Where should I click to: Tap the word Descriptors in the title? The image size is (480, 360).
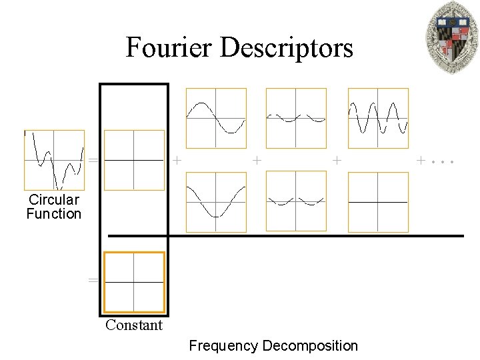pos(287,47)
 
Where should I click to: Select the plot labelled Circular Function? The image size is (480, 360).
pos(54,160)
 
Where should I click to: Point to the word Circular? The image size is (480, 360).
pos(53,199)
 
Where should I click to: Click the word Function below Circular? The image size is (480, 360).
pos(53,214)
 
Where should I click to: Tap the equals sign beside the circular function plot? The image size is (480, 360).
pos(93,161)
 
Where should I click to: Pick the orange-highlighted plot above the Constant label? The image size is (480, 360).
pos(134,282)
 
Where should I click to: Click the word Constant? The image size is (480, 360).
pos(134,325)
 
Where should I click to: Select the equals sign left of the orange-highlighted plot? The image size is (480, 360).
pos(93,281)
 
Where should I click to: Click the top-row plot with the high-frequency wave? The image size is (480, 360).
pos(378,118)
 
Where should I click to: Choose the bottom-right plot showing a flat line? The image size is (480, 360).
pos(378,202)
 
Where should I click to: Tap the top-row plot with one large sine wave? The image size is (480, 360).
pos(216,118)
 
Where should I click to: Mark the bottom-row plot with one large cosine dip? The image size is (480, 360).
pos(216,202)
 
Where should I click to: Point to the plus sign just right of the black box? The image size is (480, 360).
pos(177,160)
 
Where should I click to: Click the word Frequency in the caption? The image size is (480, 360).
pos(223,345)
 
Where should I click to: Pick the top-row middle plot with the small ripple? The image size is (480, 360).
pos(296,118)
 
